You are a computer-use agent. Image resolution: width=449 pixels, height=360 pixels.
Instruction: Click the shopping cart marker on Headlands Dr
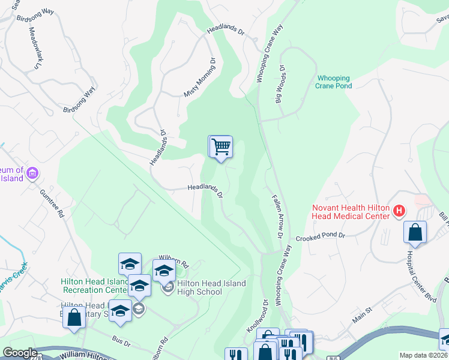point(221,147)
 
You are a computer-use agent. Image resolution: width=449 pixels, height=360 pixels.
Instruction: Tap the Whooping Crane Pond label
point(334,82)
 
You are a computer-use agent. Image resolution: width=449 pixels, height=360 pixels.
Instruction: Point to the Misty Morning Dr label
point(199,77)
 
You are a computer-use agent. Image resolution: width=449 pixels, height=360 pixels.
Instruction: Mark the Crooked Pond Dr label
point(322,236)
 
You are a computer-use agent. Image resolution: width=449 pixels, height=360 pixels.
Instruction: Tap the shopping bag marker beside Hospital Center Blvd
point(415,233)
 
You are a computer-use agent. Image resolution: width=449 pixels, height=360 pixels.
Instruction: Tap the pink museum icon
point(32,174)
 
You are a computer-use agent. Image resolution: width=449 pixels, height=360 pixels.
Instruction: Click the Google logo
point(20,353)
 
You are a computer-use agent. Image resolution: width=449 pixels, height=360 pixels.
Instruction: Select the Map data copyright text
point(424,355)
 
